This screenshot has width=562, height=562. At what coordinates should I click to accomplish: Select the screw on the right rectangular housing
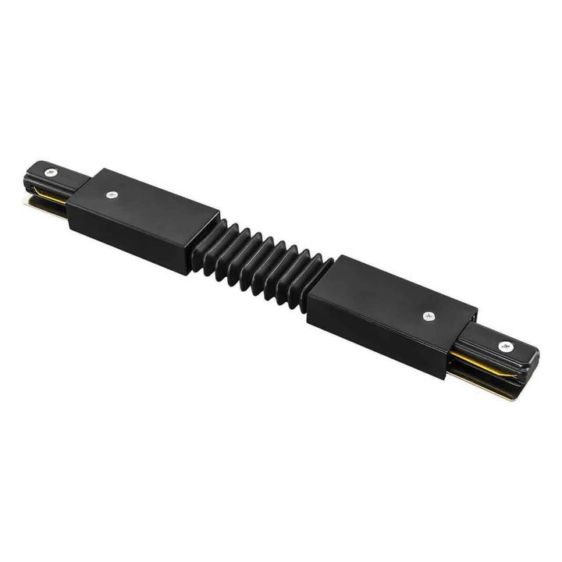[x=428, y=316]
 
